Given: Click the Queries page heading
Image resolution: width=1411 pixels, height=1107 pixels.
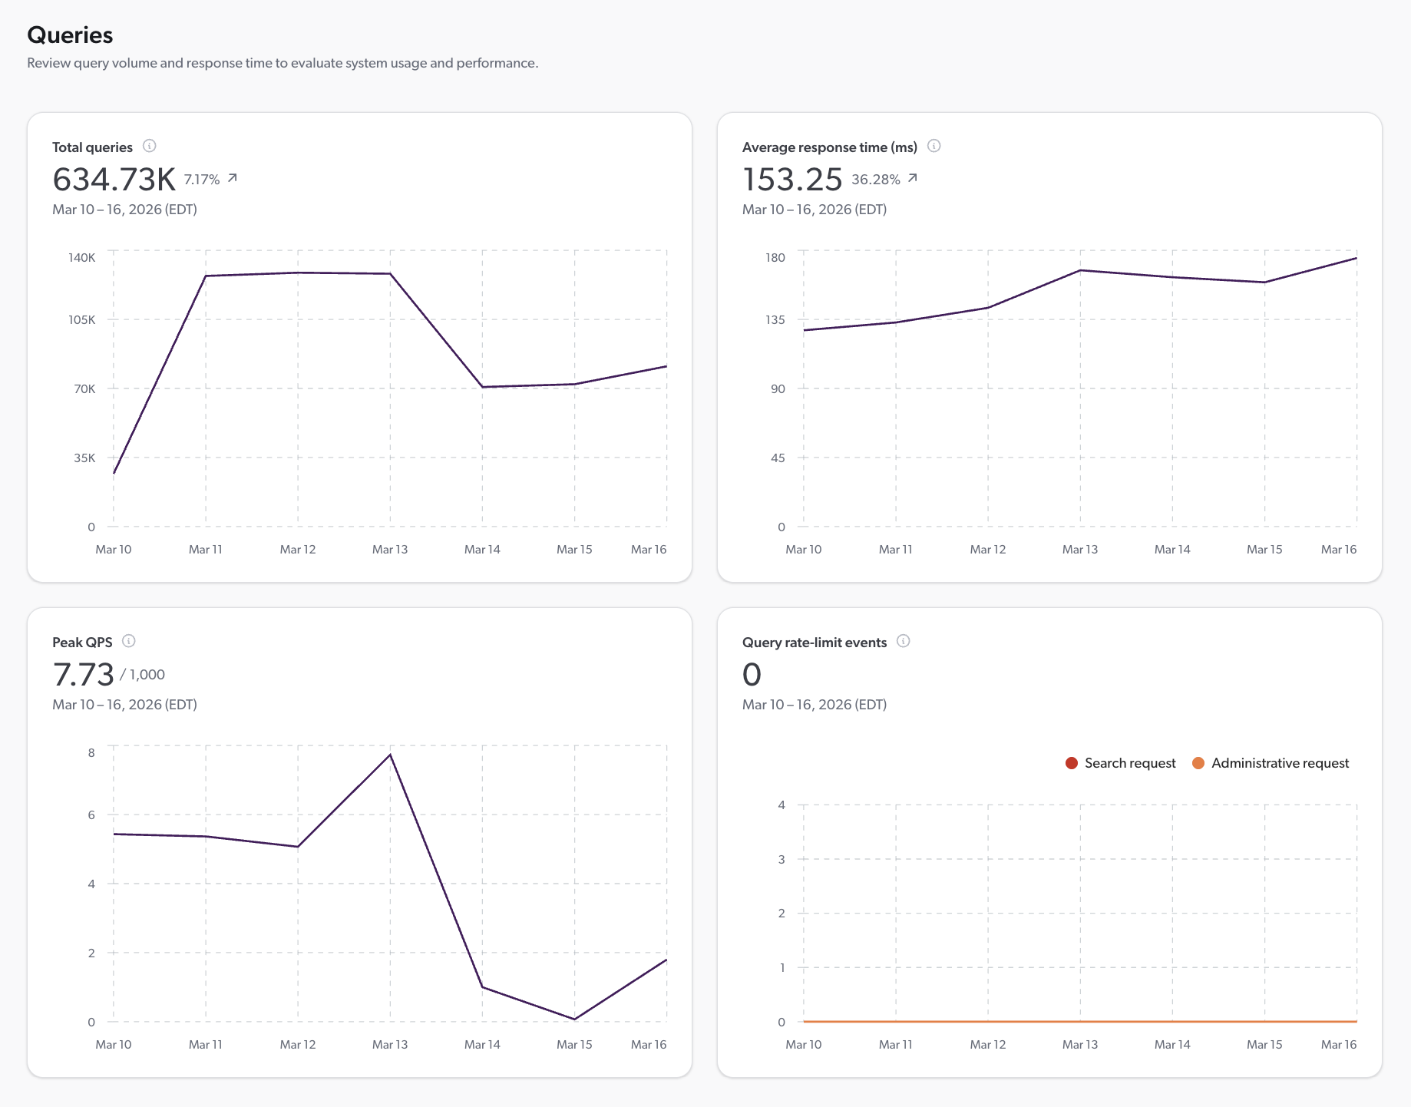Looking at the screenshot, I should pos(70,35).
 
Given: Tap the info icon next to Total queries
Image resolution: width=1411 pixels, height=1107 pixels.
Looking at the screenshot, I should pos(150,146).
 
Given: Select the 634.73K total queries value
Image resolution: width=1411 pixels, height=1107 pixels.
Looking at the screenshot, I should pos(114,180).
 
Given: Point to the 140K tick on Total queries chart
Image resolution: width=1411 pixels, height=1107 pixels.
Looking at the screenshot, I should pos(82,257).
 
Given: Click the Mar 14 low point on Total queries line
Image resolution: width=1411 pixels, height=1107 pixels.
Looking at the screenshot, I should pos(482,387).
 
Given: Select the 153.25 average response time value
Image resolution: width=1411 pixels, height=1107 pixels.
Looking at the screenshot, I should pos(792,180).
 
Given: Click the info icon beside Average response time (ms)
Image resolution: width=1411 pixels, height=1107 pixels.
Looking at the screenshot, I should pos(934,146).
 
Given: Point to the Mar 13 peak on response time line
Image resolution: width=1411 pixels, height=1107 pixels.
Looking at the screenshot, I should pos(1080,270).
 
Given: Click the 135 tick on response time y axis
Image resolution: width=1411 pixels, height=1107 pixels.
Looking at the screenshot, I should pos(775,319).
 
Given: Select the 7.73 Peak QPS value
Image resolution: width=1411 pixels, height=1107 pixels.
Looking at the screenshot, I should pos(83,675).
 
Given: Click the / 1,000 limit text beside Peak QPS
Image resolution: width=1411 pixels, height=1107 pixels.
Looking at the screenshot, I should pos(143,675).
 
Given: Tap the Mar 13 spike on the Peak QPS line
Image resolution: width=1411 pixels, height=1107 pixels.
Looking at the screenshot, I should pos(390,755).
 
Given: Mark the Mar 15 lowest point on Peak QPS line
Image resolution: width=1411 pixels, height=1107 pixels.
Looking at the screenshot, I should pos(574,1019).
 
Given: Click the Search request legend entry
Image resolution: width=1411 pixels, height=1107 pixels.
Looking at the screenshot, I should pos(1121,763).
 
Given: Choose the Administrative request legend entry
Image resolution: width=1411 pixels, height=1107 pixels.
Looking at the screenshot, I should pos(1271,763).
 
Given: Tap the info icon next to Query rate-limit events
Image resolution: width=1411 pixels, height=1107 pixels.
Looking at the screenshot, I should pos(904,641).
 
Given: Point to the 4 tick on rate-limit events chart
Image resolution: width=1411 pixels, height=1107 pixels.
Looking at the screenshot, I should pos(782,805).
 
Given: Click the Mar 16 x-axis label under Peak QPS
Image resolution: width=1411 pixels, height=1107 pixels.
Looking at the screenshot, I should pos(649,1044).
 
